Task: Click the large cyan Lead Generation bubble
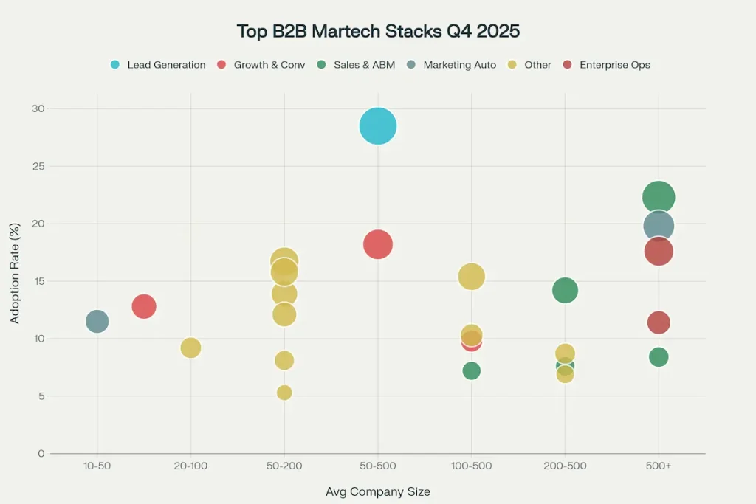tap(378, 126)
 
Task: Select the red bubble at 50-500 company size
tap(378, 244)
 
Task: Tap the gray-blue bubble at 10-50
tap(97, 321)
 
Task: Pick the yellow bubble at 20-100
tap(190, 348)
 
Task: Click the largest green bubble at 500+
tap(659, 197)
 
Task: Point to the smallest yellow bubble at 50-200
tap(284, 393)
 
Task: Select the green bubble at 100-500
tap(471, 370)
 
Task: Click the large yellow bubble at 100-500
tap(471, 277)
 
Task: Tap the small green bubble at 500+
tap(659, 357)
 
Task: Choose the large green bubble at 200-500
tap(565, 291)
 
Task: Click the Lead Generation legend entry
tap(158, 65)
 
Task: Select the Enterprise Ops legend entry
tap(607, 65)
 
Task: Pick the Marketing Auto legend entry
tap(453, 65)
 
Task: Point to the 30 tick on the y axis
tap(38, 109)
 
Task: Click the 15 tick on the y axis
tap(38, 281)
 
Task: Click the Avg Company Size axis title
tap(377, 491)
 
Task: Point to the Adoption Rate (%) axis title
tap(15, 281)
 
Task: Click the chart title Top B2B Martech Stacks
tap(377, 31)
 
